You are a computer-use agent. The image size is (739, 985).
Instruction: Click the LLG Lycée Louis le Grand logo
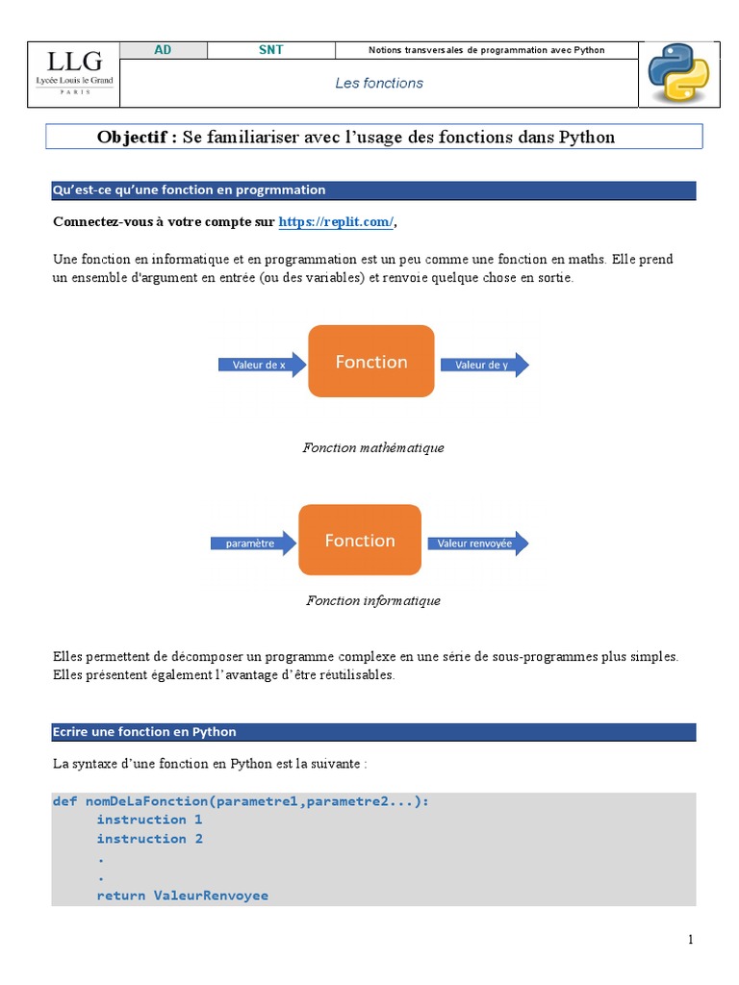pyautogui.click(x=74, y=73)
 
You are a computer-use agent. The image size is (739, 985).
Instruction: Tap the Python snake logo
pyautogui.click(x=677, y=74)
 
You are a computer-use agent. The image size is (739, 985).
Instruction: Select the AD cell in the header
pyautogui.click(x=163, y=50)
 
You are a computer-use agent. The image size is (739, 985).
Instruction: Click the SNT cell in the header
pyautogui.click(x=271, y=50)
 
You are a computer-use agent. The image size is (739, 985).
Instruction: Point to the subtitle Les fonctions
pyautogui.click(x=379, y=84)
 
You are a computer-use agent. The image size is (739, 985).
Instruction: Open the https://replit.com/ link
pyautogui.click(x=336, y=222)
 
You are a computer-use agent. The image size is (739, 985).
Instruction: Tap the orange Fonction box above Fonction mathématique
pyautogui.click(x=371, y=362)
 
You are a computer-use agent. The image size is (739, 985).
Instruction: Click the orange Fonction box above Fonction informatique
pyautogui.click(x=360, y=541)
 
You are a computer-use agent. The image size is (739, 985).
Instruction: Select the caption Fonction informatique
pyautogui.click(x=373, y=600)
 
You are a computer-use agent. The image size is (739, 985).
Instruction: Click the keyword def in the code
pyautogui.click(x=64, y=800)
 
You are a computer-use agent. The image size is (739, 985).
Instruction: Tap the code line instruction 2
pyautogui.click(x=149, y=839)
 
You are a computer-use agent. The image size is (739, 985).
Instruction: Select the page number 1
pyautogui.click(x=691, y=940)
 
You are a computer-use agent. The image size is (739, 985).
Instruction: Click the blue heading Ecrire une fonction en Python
pyautogui.click(x=144, y=732)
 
